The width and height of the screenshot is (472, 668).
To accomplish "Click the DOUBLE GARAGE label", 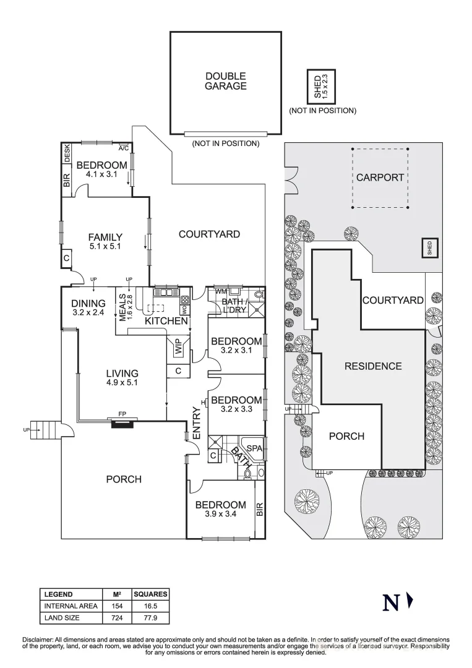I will pyautogui.click(x=225, y=81).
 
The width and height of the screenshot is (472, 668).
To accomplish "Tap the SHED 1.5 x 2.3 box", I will pyautogui.click(x=320, y=86).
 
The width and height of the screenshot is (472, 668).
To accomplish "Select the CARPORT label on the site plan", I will pyautogui.click(x=380, y=178).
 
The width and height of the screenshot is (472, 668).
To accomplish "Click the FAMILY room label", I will pyautogui.click(x=105, y=238).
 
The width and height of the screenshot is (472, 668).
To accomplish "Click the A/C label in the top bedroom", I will pyautogui.click(x=123, y=148).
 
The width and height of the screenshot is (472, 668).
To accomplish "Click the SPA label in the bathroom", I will pyautogui.click(x=255, y=447).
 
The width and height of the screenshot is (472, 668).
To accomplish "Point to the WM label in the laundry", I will pyautogui.click(x=221, y=291).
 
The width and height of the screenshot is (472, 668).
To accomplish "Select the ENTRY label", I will pyautogui.click(x=196, y=424).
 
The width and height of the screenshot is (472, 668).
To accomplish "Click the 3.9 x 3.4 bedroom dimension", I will pyautogui.click(x=221, y=513).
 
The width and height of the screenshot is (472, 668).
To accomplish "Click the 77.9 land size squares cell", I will pyautogui.click(x=150, y=617).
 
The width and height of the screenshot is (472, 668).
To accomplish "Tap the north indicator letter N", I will pyautogui.click(x=390, y=602).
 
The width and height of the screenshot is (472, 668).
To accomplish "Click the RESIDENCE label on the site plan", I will pyautogui.click(x=372, y=366).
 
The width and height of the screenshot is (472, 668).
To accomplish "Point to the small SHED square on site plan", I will pyautogui.click(x=428, y=247).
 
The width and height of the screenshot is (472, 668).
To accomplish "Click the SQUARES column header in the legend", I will pyautogui.click(x=150, y=594).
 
